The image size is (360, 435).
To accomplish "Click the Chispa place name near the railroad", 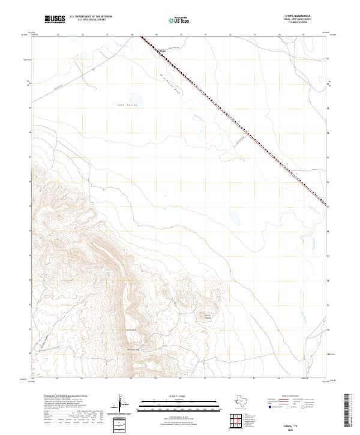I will coord(161,50).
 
